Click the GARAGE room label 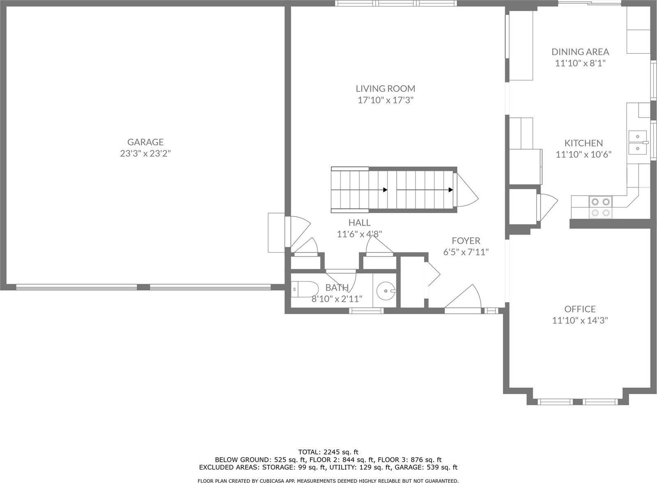point(145,142)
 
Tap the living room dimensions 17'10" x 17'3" point(385,100)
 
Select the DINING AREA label point(580,52)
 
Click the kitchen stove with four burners point(600,207)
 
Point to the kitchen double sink point(637,142)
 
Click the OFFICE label point(580,309)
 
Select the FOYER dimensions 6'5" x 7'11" point(466,252)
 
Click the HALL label point(359,223)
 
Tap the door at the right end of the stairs point(467,190)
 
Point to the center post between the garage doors point(143,287)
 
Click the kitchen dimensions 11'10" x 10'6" point(583,155)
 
